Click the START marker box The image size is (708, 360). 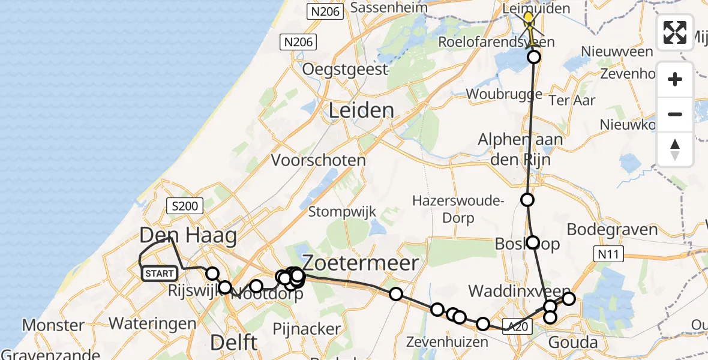[x=159, y=274]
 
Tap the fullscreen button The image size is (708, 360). [x=675, y=32]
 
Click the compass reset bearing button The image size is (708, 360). [x=675, y=149]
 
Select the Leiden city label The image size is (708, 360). [x=362, y=110]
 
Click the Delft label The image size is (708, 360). [x=234, y=343]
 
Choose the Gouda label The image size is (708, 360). [x=573, y=343]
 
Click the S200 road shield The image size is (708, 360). [x=185, y=206]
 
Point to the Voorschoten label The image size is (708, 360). [x=319, y=161]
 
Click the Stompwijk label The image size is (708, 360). [x=342, y=211]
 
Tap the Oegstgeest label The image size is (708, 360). [x=345, y=69]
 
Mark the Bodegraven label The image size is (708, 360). [x=612, y=230]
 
